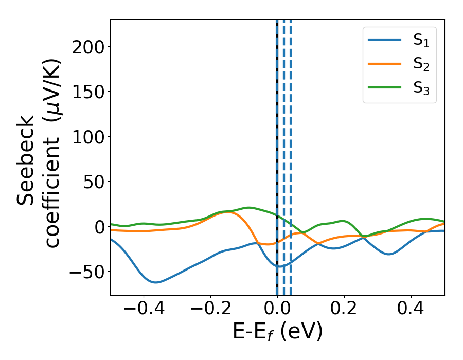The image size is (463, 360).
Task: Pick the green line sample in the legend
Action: tap(385, 87)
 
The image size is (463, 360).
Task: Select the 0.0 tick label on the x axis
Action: tap(277, 310)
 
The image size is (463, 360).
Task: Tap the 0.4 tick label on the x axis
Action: tap(411, 310)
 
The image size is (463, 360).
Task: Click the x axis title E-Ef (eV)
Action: tap(277, 332)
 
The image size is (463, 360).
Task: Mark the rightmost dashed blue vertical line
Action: tap(291, 154)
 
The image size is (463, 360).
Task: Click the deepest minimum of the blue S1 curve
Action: tap(156, 282)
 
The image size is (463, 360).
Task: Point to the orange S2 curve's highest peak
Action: tap(227, 212)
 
